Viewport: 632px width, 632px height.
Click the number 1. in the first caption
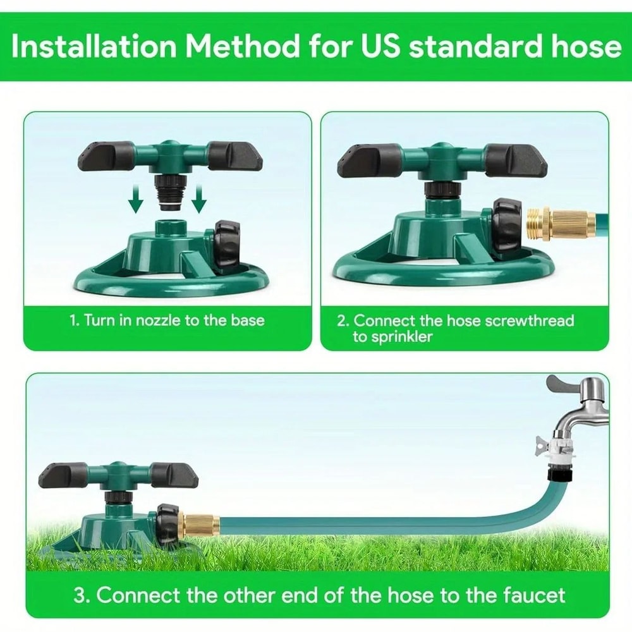click(74, 320)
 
